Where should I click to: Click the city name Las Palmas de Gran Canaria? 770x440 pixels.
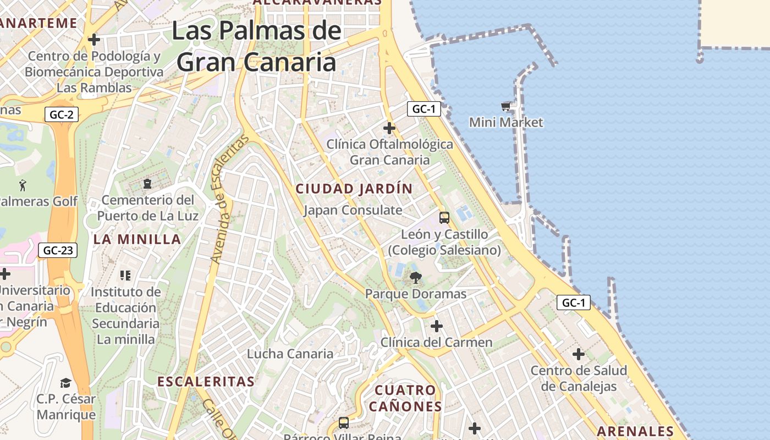(256, 46)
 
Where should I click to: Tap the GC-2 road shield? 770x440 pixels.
(62, 114)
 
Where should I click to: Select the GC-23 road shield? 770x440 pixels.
(58, 250)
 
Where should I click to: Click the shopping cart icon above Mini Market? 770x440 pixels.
(506, 106)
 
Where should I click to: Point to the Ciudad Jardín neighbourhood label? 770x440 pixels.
(354, 189)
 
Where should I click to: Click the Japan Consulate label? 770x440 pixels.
(353, 210)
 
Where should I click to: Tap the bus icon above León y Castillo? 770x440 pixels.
(444, 217)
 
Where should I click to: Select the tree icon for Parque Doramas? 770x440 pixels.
(416, 277)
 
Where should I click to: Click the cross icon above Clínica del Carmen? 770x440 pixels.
(437, 326)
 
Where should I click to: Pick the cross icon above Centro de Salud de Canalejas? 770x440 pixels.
(579, 354)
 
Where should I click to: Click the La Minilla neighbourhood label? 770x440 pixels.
(137, 239)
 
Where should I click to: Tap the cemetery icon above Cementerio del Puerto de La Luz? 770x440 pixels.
(147, 183)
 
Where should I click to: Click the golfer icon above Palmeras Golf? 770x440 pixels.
(23, 185)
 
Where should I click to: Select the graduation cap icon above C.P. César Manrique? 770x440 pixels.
(66, 382)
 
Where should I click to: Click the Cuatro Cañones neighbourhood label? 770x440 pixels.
(405, 398)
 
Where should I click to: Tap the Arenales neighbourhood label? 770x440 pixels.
(635, 431)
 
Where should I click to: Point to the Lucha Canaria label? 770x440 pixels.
(290, 354)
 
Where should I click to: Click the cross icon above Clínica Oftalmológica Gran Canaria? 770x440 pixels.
(389, 128)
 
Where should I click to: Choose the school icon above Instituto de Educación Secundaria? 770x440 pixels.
(125, 275)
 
